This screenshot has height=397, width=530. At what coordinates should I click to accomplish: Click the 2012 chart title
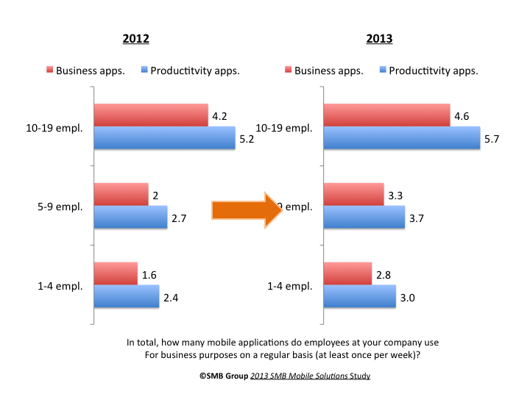click(137, 39)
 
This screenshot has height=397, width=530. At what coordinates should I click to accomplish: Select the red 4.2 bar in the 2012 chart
click(151, 115)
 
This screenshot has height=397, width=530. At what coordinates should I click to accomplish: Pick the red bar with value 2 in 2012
click(121, 195)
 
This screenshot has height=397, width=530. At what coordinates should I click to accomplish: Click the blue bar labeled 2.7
click(130, 218)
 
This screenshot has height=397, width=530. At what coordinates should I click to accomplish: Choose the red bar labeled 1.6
click(116, 273)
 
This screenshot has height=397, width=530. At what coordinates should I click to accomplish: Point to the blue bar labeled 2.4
click(127, 296)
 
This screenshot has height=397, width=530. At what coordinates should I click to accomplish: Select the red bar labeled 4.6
click(386, 115)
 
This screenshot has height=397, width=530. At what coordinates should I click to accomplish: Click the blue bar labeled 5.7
click(402, 137)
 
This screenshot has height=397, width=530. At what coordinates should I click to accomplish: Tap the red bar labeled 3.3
click(353, 195)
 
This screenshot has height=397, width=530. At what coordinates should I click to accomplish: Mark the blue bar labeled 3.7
click(364, 218)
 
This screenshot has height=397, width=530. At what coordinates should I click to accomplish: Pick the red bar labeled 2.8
click(347, 273)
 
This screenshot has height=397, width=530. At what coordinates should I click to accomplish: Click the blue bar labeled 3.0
click(360, 296)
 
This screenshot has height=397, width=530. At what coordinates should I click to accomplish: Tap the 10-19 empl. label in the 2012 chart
click(55, 127)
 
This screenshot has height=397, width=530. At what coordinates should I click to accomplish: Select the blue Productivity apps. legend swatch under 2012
click(144, 71)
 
